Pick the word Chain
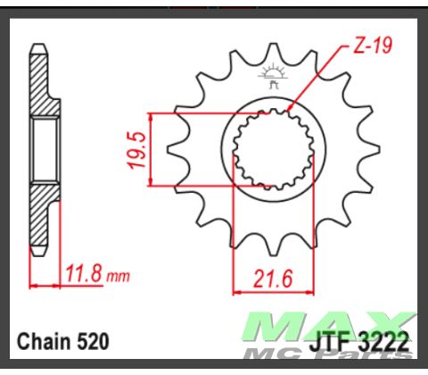pyautogui.click(x=42, y=340)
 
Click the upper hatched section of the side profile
pyautogui.click(x=42, y=82)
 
